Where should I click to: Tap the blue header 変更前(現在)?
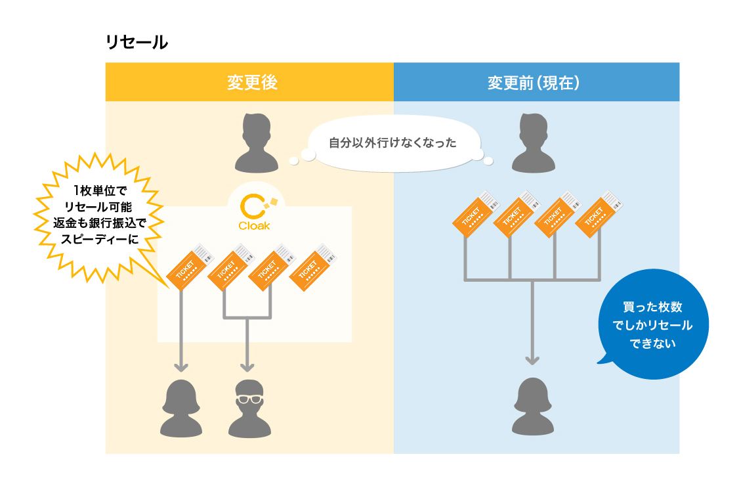coord(536,82)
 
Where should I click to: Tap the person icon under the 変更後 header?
coord(252,142)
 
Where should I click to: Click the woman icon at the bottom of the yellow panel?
coord(181,408)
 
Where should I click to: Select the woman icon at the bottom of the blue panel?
coord(533,408)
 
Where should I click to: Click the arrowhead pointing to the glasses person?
coord(247,366)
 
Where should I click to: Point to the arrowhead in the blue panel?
coord(532,359)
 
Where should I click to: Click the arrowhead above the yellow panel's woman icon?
coord(181,366)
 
